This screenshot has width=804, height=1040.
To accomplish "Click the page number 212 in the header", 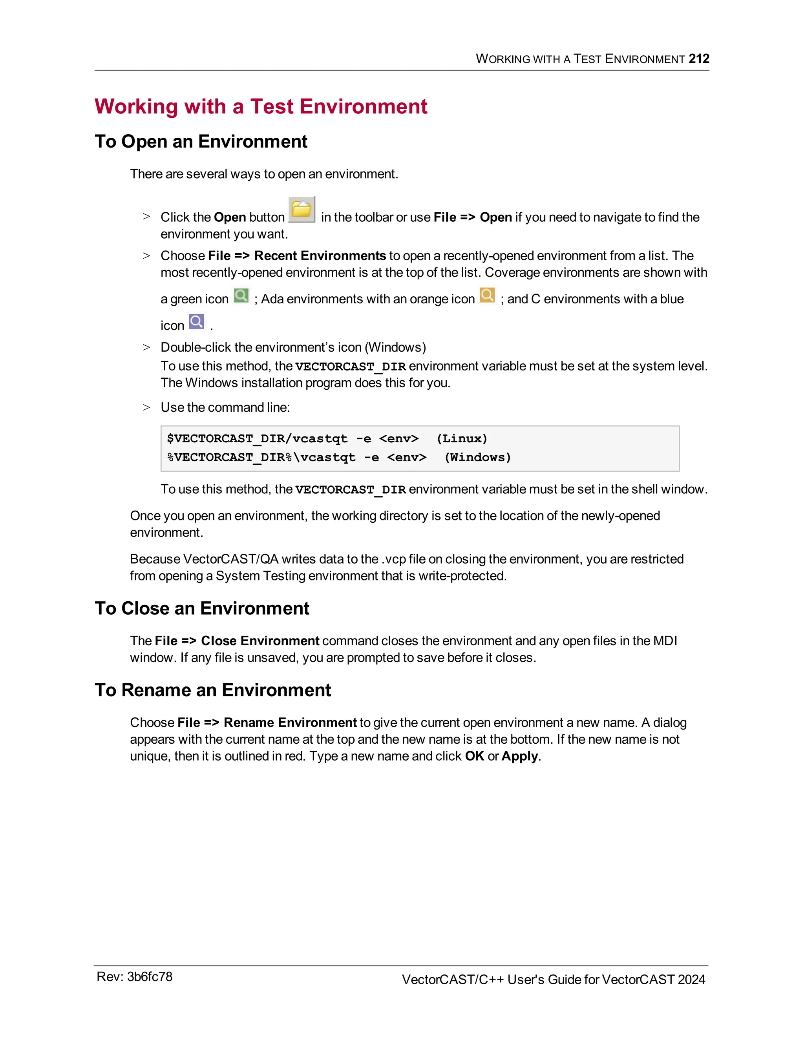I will pyautogui.click(x=699, y=58).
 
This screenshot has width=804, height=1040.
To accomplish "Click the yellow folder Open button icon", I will pyautogui.click(x=301, y=209).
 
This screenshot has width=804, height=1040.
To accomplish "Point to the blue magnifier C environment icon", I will pyautogui.click(x=196, y=321).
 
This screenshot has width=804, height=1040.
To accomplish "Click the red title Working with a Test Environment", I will pyautogui.click(x=261, y=106).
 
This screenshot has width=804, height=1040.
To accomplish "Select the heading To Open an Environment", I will pyautogui.click(x=201, y=141).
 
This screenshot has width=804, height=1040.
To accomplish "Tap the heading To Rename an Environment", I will pyautogui.click(x=213, y=690).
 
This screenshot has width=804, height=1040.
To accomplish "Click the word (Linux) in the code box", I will pyautogui.click(x=462, y=439).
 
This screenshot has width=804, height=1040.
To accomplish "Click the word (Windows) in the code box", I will pyautogui.click(x=477, y=457).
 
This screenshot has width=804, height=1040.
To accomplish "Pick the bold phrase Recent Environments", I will pyautogui.click(x=320, y=256).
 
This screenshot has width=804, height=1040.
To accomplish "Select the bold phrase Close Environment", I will pyautogui.click(x=259, y=641).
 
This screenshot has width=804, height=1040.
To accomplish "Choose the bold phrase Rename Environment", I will pyautogui.click(x=290, y=723).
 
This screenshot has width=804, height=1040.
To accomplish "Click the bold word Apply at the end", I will pyautogui.click(x=520, y=756).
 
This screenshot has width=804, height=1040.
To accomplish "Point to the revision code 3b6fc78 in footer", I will pyautogui.click(x=149, y=977).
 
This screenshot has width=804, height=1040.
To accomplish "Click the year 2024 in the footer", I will pyautogui.click(x=691, y=980).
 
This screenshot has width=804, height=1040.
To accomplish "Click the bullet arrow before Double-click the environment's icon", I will pyautogui.click(x=146, y=348).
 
